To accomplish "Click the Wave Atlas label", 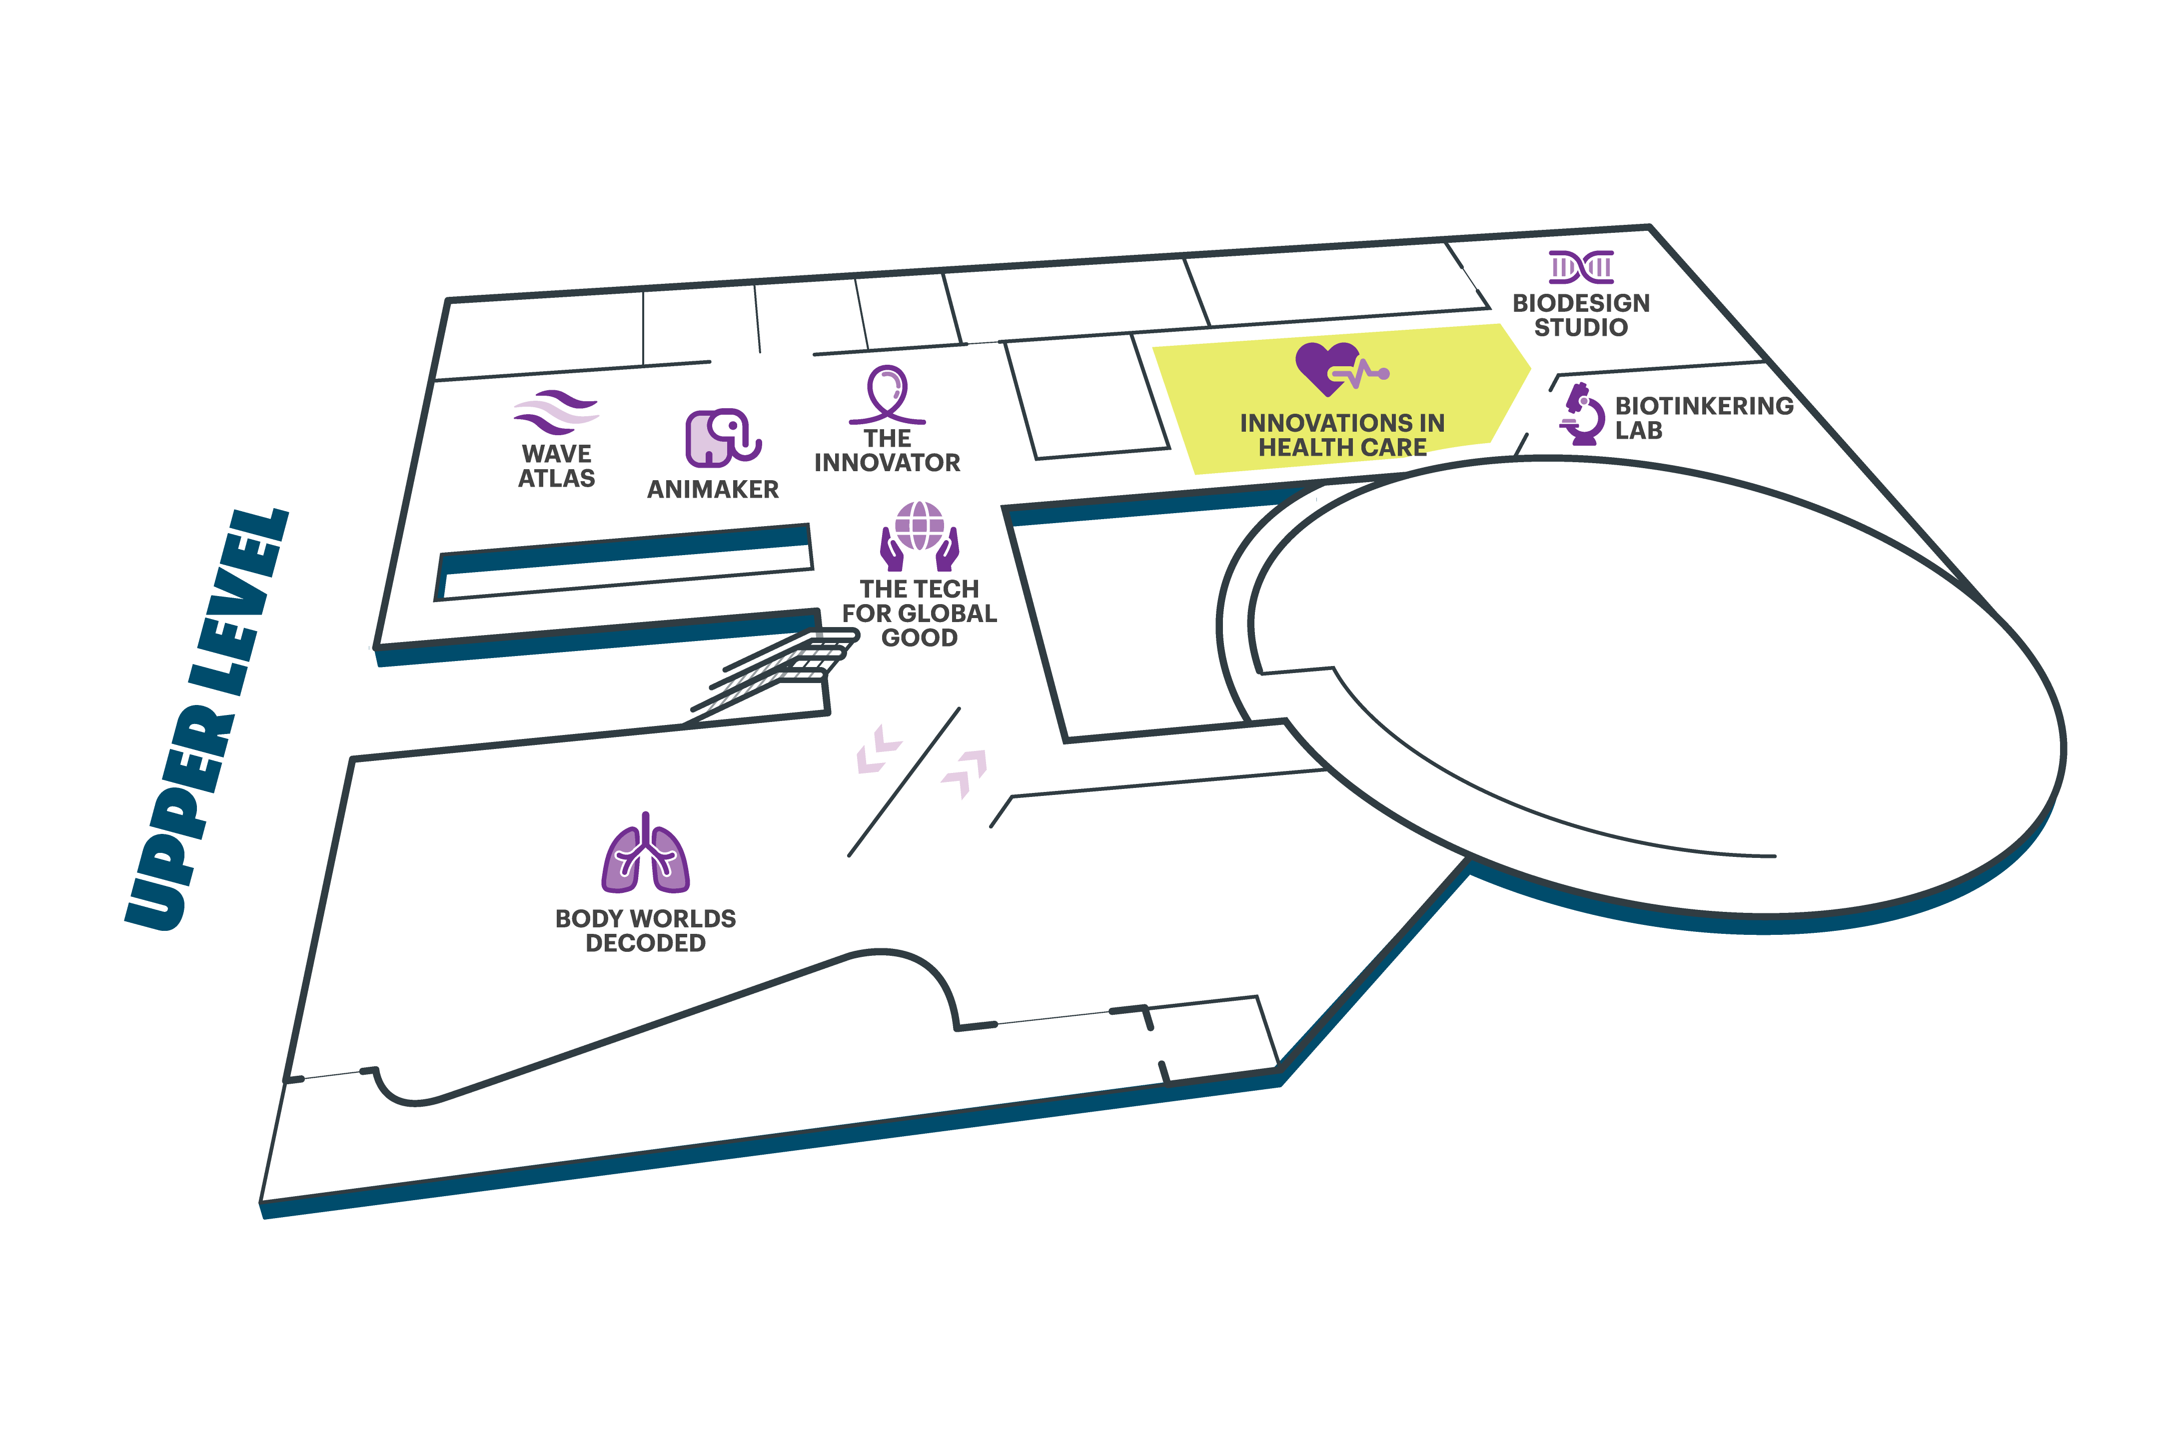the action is [556, 466].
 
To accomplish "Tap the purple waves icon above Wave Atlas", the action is [556, 412].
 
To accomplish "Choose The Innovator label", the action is [887, 451].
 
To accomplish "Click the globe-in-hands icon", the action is [919, 536].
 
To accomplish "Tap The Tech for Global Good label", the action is [919, 613].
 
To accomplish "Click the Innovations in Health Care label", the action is [1342, 435].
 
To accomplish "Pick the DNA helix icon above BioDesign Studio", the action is [1581, 267].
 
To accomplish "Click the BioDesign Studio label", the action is [1581, 315].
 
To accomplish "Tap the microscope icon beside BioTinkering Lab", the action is [1583, 415].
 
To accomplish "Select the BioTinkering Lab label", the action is [1704, 418].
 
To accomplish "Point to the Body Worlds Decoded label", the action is [645, 930].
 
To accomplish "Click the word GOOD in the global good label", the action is [919, 638].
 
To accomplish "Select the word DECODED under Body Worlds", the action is [645, 943].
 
